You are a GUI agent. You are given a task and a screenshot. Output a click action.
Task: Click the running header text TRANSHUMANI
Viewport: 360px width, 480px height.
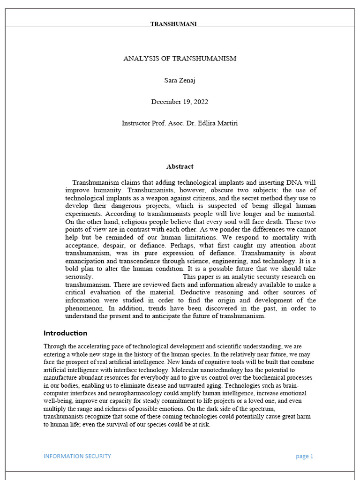pyautogui.click(x=173, y=24)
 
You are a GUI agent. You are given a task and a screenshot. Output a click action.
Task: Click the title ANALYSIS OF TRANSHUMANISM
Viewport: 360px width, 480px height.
pyautogui.click(x=180, y=59)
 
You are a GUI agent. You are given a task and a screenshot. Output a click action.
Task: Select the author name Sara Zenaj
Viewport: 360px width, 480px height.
pyautogui.click(x=180, y=80)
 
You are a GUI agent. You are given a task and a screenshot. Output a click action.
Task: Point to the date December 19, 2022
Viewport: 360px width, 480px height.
pyautogui.click(x=180, y=102)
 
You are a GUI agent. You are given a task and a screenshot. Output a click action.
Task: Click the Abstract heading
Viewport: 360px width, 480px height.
pyautogui.click(x=180, y=166)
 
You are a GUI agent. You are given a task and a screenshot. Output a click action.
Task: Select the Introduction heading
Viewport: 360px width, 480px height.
pyautogui.click(x=65, y=333)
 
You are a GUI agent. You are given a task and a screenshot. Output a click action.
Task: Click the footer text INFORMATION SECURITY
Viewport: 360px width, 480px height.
pyautogui.click(x=77, y=456)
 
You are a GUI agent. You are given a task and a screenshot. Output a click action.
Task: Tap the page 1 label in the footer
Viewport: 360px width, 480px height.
pyautogui.click(x=304, y=456)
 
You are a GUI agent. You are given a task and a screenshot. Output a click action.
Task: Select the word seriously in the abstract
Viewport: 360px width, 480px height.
pyautogui.click(x=78, y=277)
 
